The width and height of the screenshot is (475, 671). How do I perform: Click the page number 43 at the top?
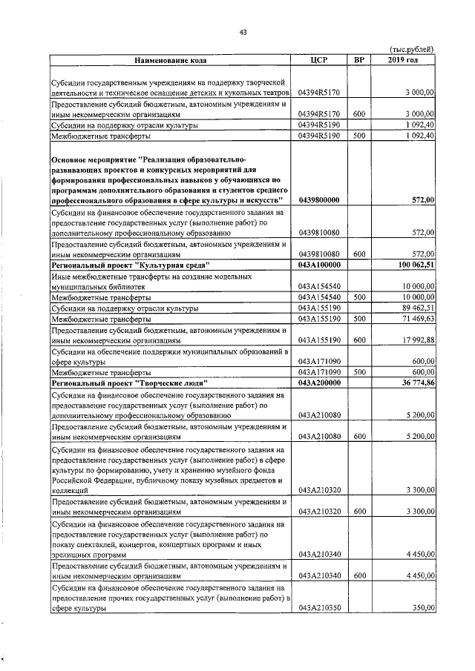coord(243,30)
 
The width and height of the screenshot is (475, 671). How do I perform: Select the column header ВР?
coord(359,59)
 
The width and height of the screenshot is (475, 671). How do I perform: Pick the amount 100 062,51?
coord(414,265)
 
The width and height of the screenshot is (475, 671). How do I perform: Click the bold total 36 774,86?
coord(417,383)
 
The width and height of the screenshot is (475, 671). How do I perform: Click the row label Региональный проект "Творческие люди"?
coord(128,383)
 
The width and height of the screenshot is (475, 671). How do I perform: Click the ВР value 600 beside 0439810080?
coord(359,254)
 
